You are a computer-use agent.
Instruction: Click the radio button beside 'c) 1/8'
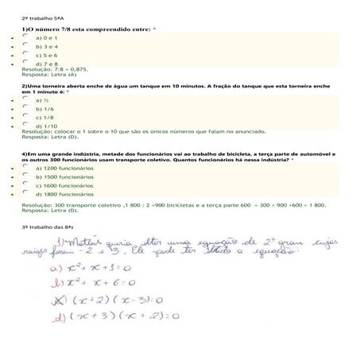click(x=26, y=117)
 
